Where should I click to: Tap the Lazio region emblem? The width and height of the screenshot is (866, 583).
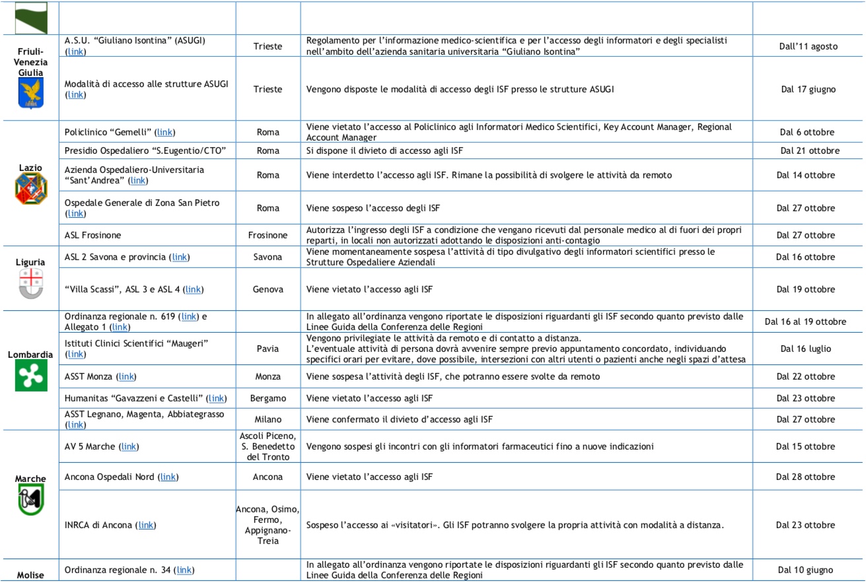[30, 189]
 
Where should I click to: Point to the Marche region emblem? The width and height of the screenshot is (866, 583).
[30, 500]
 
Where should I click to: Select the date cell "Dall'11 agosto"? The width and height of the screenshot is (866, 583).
[805, 47]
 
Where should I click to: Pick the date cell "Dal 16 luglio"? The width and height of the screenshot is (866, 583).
[805, 348]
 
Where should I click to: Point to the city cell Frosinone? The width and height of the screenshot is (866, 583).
[268, 235]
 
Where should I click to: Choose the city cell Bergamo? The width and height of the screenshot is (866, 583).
[268, 398]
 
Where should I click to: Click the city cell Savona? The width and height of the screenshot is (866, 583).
[268, 257]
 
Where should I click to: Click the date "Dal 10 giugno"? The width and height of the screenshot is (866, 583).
[805, 570]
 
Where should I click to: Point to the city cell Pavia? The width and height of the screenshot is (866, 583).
[268, 348]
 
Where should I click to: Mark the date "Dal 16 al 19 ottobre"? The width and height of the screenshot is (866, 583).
[805, 322]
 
